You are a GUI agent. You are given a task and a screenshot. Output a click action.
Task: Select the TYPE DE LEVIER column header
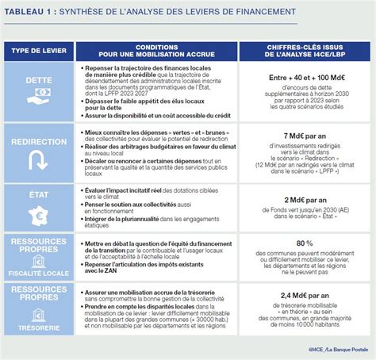(37, 51)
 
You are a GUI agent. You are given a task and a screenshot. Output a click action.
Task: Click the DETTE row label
(37, 81)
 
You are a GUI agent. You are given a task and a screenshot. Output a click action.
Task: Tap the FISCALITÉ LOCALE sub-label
(37, 272)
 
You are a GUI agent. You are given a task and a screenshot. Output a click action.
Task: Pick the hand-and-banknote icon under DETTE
(37, 100)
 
